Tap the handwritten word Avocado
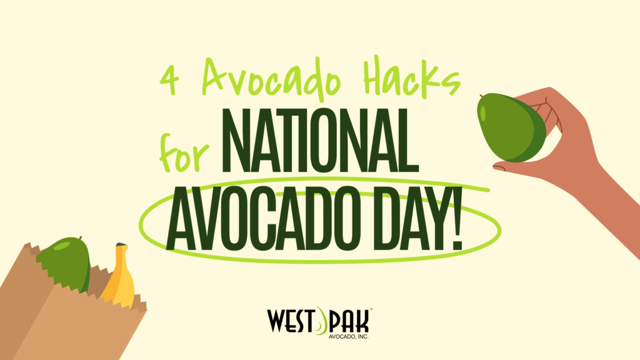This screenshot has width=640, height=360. tap(271, 79)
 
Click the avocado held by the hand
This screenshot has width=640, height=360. tap(511, 127)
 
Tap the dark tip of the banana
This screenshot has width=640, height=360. tap(121, 245)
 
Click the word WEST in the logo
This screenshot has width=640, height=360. tap(291, 321)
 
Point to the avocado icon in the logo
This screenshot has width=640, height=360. tap(322, 321)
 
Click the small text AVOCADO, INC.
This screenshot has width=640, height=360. tap(349, 337)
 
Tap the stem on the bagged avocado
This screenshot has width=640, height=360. tap(81, 238)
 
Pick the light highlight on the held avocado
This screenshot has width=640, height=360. tap(483, 113)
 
